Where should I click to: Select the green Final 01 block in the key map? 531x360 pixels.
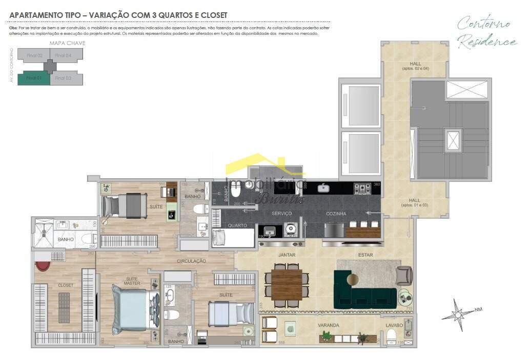pyautogui.click(x=34, y=78)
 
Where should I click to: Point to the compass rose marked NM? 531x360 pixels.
pyautogui.click(x=459, y=313)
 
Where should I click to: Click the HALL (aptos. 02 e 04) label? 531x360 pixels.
pyautogui.click(x=415, y=66)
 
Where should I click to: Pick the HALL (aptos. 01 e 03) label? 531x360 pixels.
pyautogui.click(x=415, y=202)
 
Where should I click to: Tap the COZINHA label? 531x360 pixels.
pyautogui.click(x=336, y=214)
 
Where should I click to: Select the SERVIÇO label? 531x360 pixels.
pyautogui.click(x=281, y=214)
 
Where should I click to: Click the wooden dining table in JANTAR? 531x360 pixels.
pyautogui.click(x=287, y=285)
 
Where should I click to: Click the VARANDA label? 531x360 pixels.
pyautogui.click(x=328, y=325)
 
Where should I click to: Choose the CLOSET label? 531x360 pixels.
pyautogui.click(x=66, y=285)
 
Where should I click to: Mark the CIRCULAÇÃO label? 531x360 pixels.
pyautogui.click(x=191, y=261)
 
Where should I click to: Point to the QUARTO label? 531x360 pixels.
pyautogui.click(x=237, y=225)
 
